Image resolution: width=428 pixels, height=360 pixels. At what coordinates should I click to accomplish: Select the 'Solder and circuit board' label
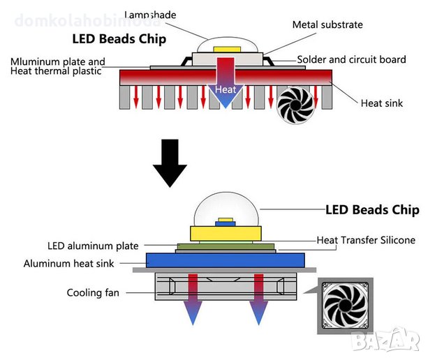tap(351, 60)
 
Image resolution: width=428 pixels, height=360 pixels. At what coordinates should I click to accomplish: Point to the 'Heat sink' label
tap(381, 103)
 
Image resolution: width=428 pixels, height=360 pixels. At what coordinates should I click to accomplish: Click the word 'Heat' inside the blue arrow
tap(225, 90)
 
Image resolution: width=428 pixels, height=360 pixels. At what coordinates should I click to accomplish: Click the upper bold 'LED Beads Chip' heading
tap(119, 39)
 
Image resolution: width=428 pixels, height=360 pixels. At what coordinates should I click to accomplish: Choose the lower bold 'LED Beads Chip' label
tap(373, 209)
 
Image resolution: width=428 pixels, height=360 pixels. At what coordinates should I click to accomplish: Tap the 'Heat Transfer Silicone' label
tap(366, 240)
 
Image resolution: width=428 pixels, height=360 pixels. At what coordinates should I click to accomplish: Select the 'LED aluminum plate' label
tap(93, 246)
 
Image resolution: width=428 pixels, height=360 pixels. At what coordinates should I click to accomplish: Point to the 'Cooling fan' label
tap(93, 293)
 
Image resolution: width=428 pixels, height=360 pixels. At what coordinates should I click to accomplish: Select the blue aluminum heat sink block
tap(223, 260)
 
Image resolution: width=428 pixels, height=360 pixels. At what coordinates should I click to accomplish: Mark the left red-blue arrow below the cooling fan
tap(191, 300)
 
